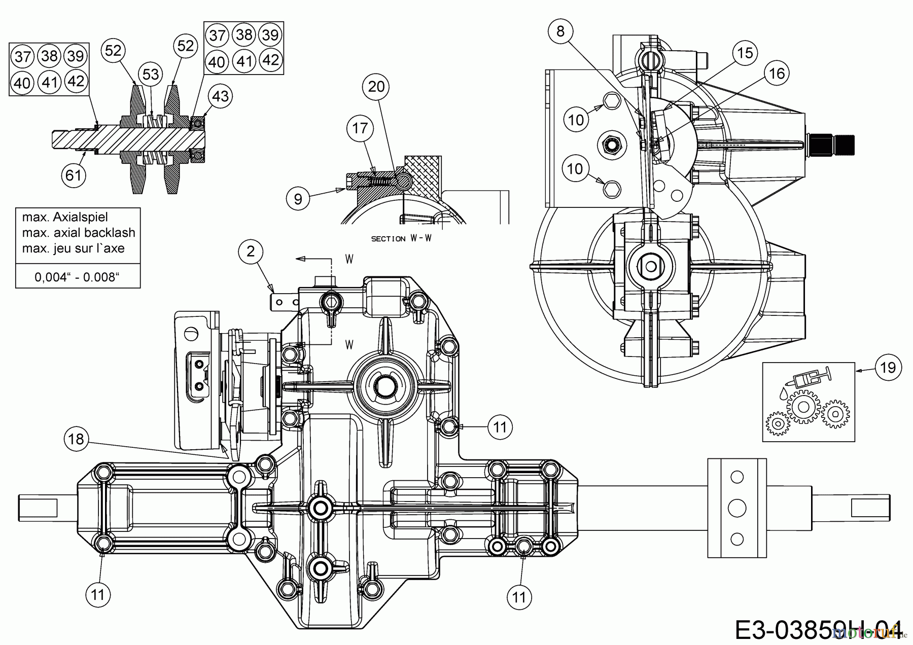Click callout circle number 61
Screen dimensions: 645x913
[74, 175]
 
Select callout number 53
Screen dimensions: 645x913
[151, 75]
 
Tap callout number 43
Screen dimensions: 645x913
[220, 96]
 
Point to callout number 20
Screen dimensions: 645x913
[376, 87]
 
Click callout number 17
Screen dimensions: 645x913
[360, 128]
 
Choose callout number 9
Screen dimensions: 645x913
[298, 199]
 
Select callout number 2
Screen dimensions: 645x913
[251, 251]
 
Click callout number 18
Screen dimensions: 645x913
[76, 438]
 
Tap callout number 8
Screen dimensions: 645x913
[560, 31]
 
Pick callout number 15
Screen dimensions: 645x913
[745, 53]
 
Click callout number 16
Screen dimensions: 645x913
[777, 74]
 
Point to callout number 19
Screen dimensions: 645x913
[888, 367]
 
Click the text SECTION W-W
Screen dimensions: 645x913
[401, 238]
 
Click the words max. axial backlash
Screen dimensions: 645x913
[79, 233]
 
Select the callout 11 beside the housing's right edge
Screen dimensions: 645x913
[500, 427]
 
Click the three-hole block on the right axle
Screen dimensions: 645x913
[736, 508]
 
